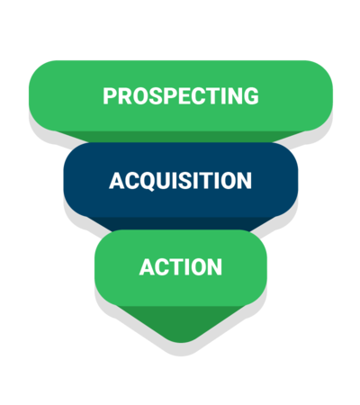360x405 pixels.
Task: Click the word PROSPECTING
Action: (181, 96)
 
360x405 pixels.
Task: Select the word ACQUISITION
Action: (180, 181)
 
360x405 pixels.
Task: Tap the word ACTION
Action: (181, 267)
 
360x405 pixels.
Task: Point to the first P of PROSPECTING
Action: (110, 96)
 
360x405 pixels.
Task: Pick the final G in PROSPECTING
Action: (250, 96)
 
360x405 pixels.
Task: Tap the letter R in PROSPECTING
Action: (124, 96)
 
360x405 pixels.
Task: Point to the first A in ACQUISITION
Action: (116, 181)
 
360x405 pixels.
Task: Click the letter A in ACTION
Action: (147, 267)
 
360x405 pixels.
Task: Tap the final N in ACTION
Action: (215, 267)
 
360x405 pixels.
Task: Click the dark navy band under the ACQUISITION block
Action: (181, 224)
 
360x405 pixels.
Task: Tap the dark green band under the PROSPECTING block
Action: (181, 137)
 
